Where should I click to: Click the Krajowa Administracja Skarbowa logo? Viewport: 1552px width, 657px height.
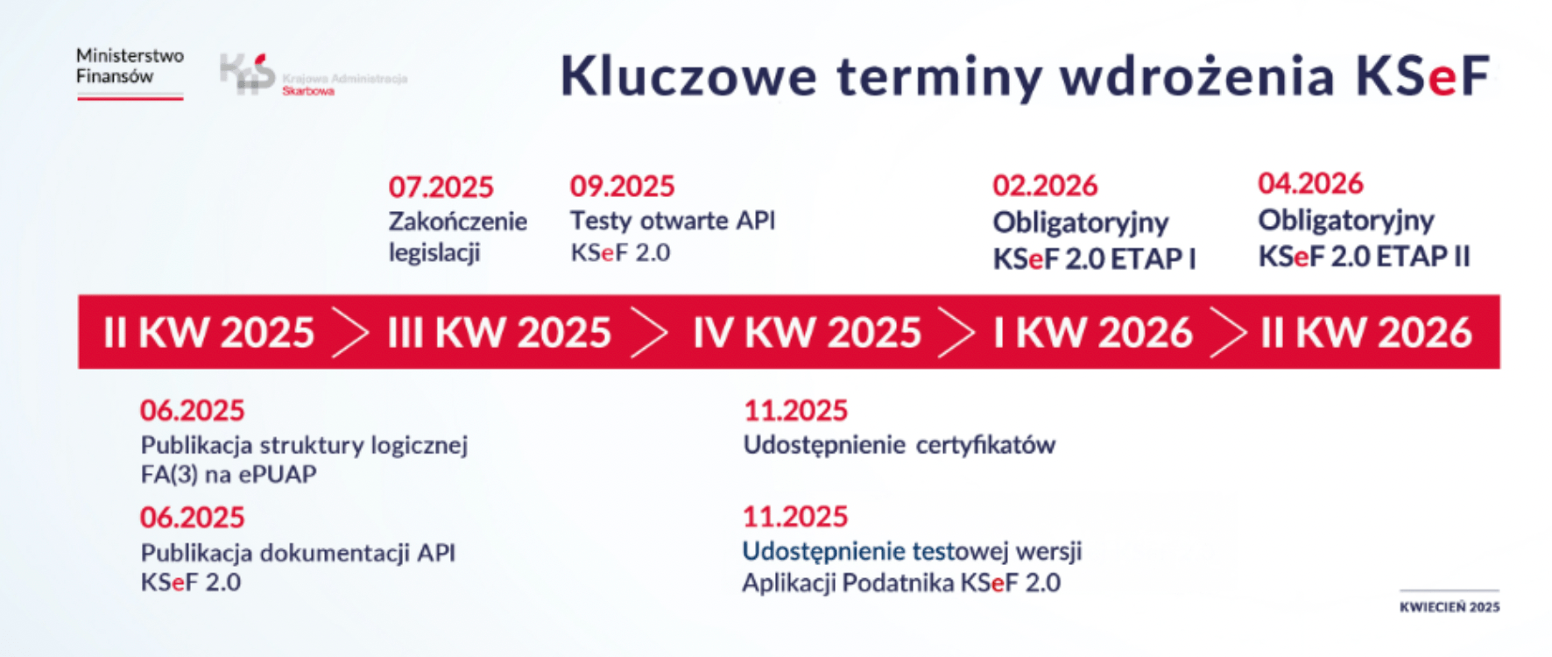[313, 74]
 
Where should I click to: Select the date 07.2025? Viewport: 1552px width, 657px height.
[441, 187]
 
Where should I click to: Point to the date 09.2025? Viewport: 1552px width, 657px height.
[622, 186]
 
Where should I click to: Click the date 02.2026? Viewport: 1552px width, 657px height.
[1045, 186]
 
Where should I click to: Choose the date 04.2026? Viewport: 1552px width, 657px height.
[1310, 183]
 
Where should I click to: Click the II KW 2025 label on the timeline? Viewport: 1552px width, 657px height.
[208, 333]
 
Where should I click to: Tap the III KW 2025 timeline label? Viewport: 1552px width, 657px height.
[499, 333]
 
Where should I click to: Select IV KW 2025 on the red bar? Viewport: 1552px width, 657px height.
[807, 333]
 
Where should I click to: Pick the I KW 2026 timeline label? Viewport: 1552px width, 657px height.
[1092, 333]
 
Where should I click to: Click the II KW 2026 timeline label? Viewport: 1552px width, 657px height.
[1366, 333]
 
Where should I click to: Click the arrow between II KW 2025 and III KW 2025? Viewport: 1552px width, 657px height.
[350, 332]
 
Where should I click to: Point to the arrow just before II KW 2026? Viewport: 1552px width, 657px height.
[1229, 332]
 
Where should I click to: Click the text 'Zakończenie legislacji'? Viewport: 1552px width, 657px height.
[457, 237]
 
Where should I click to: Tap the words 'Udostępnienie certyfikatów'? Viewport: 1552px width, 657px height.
[899, 445]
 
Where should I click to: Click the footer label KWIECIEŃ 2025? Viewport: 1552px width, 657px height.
[1450, 607]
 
